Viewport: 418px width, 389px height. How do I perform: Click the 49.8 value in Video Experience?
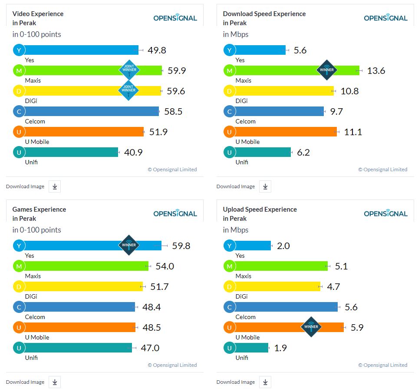tap(157, 50)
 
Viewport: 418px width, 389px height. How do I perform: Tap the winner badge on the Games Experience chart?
tap(129, 245)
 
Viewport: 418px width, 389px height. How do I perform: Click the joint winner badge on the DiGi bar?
tap(129, 90)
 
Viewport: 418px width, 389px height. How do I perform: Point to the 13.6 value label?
tap(376, 71)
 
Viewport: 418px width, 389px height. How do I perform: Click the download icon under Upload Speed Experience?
tap(265, 382)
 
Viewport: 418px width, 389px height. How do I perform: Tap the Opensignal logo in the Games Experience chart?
tap(175, 213)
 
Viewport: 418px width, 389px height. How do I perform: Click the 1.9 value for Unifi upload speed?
tap(280, 348)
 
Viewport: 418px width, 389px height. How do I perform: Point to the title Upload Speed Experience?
tap(260, 209)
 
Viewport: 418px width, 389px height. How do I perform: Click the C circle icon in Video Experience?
tap(19, 111)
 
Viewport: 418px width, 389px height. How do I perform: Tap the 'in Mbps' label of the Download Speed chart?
tap(236, 34)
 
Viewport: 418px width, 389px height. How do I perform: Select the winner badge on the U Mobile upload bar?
tap(311, 327)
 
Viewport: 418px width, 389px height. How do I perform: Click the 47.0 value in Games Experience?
tap(150, 348)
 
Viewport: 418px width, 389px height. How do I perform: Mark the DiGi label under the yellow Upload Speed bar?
tap(242, 296)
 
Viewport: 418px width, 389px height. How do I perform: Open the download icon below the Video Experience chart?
tap(55, 186)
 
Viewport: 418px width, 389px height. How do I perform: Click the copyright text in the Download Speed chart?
tap(383, 170)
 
